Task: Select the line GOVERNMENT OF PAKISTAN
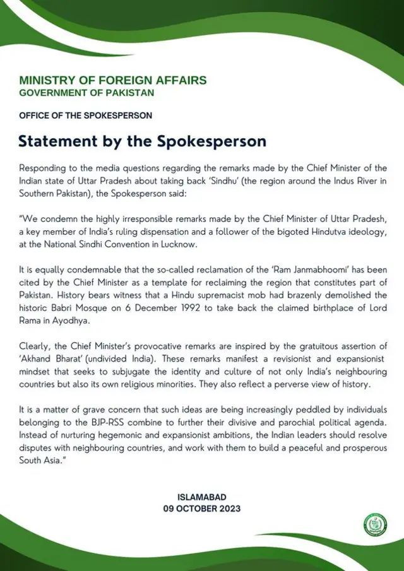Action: pyautogui.click(x=86, y=93)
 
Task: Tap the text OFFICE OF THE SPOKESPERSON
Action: pyautogui.click(x=85, y=116)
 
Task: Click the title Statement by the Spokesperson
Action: pyautogui.click(x=142, y=140)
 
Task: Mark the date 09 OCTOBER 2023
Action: pyautogui.click(x=202, y=509)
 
